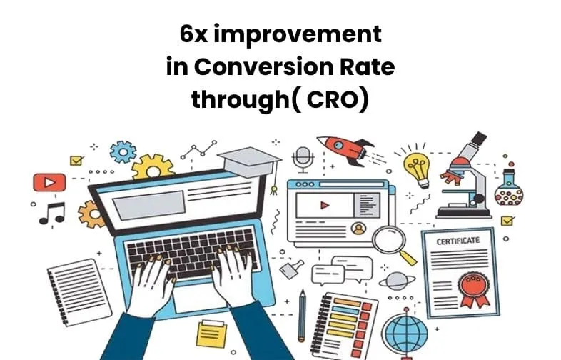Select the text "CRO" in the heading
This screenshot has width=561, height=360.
(332, 99)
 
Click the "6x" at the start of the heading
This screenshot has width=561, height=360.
(194, 35)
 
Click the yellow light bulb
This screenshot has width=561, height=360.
(417, 169)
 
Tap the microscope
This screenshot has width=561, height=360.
(464, 176)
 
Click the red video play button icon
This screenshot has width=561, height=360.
(49, 182)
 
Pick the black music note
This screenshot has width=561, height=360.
(52, 213)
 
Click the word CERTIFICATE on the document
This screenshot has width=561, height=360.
(458, 241)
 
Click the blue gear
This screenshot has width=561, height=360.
(123, 152)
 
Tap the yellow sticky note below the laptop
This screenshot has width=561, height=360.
(212, 334)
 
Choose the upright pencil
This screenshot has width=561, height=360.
(303, 315)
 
